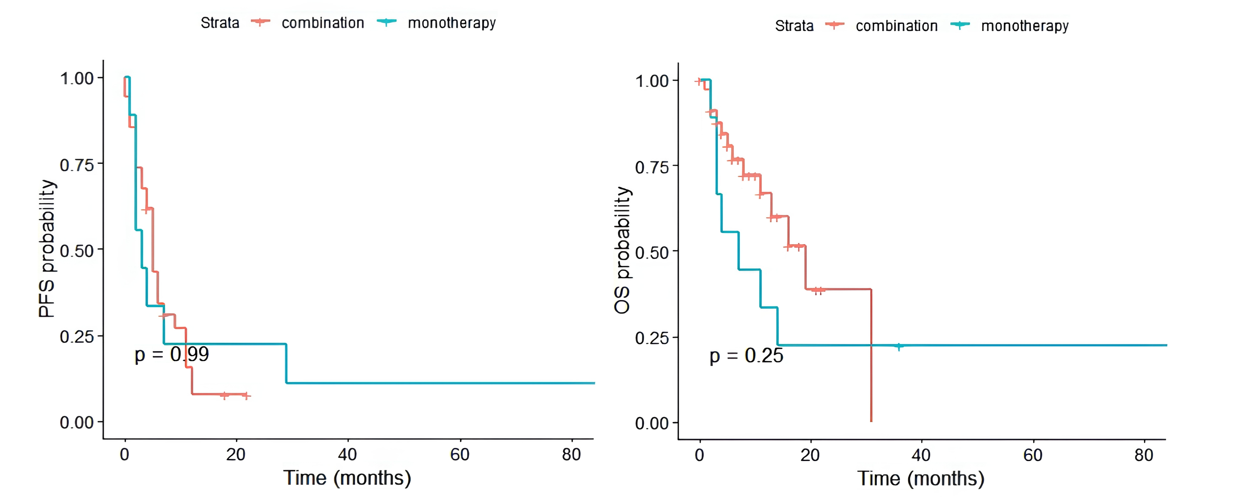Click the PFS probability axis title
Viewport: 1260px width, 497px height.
pos(47,249)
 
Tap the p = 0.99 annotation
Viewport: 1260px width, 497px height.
pos(172,354)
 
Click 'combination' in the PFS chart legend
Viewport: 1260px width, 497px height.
pos(323,23)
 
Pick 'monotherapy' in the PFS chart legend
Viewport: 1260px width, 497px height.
pos(452,23)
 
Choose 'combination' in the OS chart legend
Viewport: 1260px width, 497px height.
pos(897,26)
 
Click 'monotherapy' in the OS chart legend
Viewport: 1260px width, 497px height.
pos(1025,26)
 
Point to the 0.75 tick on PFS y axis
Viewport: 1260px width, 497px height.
pos(77,165)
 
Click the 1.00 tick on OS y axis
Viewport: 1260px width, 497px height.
pos(652,81)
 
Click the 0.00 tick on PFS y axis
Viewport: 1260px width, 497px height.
pos(77,422)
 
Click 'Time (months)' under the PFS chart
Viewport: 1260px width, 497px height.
pos(347,478)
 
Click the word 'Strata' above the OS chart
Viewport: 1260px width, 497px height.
pos(794,26)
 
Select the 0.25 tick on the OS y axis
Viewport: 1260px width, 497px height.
pos(652,338)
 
